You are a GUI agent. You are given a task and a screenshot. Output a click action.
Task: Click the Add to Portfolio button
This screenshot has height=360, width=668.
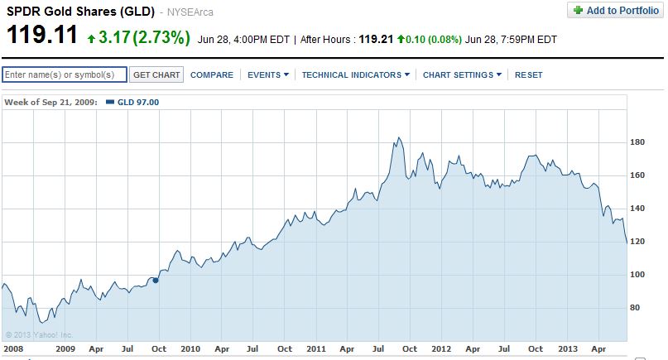point(613,10)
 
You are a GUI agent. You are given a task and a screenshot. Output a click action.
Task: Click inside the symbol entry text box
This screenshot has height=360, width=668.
point(65,74)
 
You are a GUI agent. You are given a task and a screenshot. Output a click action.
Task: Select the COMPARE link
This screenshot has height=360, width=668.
point(211,74)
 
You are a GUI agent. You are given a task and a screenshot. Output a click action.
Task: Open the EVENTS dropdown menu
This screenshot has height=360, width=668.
point(268,74)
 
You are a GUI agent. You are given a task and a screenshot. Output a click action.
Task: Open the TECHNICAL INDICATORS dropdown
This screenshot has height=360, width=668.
point(356,74)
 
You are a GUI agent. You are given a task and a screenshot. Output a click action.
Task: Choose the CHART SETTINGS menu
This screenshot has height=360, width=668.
point(462,74)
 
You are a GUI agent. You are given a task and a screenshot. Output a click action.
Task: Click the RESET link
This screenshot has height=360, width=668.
point(528,74)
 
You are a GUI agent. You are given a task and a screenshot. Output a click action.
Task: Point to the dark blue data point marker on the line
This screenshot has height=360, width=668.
point(156,280)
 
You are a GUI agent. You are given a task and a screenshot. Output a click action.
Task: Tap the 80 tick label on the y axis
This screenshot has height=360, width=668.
point(636,307)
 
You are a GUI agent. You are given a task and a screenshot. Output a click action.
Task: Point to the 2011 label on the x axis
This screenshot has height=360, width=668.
point(315,349)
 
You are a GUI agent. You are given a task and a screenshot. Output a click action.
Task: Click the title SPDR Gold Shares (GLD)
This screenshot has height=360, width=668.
point(80,12)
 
